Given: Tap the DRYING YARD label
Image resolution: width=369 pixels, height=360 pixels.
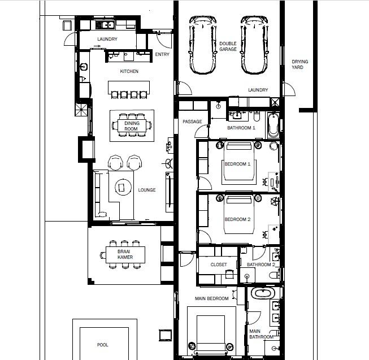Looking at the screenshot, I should pyautogui.click(x=297, y=64).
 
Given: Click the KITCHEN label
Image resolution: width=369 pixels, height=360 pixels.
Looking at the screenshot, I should pyautogui.click(x=129, y=72).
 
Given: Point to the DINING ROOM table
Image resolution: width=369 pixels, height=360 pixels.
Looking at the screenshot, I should pyautogui.click(x=131, y=125).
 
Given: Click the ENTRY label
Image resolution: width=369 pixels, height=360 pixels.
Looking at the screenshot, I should pyautogui.click(x=162, y=55).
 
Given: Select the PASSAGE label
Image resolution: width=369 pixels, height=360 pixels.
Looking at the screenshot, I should pyautogui.click(x=192, y=122).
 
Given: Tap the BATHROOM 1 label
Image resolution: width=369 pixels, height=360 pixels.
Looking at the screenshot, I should pyautogui.click(x=241, y=128).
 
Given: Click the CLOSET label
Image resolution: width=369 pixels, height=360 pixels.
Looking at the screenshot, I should pyautogui.click(x=218, y=264).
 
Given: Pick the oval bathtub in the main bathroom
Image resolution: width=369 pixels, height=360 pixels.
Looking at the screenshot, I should pyautogui.click(x=263, y=294).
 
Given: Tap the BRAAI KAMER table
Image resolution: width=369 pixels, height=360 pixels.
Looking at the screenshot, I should pyautogui.click(x=125, y=254).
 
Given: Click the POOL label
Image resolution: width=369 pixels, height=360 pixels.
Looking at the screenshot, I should pyautogui.click(x=103, y=345).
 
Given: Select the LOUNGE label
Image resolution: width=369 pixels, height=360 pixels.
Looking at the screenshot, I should pyautogui.click(x=147, y=190).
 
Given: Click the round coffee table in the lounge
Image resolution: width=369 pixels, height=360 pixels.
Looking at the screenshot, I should pyautogui.click(x=122, y=186).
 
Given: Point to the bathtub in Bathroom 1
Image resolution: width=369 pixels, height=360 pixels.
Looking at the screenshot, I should pyautogui.click(x=273, y=125).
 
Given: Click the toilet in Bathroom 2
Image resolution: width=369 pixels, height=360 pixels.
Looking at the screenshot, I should pyautogui.click(x=274, y=275).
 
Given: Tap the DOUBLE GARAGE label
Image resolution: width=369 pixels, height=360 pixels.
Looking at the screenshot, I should pyautogui.click(x=228, y=46).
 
